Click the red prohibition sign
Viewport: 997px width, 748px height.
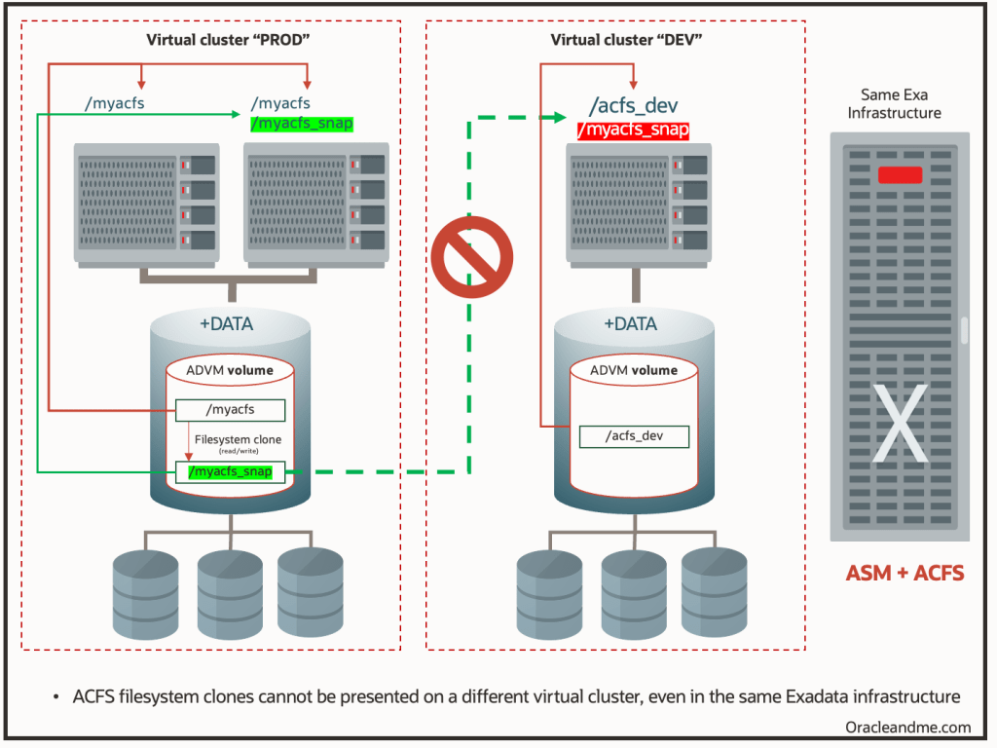pyautogui.click(x=472, y=256)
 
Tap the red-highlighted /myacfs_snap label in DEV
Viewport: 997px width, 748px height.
pyautogui.click(x=633, y=131)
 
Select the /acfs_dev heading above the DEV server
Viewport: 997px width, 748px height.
pyautogui.click(x=634, y=106)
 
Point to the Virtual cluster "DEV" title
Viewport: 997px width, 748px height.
pyautogui.click(x=626, y=41)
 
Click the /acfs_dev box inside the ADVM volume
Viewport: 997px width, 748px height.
pyautogui.click(x=634, y=436)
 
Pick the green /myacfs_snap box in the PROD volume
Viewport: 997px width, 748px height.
pyautogui.click(x=230, y=472)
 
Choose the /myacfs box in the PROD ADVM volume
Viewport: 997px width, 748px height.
pyautogui.click(x=230, y=410)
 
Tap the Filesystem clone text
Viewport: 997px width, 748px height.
pyautogui.click(x=239, y=440)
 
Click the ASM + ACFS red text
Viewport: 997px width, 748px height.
pyautogui.click(x=905, y=573)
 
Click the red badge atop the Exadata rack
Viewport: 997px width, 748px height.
pyautogui.click(x=900, y=175)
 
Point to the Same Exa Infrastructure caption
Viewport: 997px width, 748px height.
pyautogui.click(x=895, y=104)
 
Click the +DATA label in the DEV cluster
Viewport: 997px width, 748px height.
pyautogui.click(x=630, y=324)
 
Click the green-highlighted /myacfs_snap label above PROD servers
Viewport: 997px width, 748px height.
pyautogui.click(x=302, y=124)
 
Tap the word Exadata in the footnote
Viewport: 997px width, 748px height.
pyautogui.click(x=796, y=696)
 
